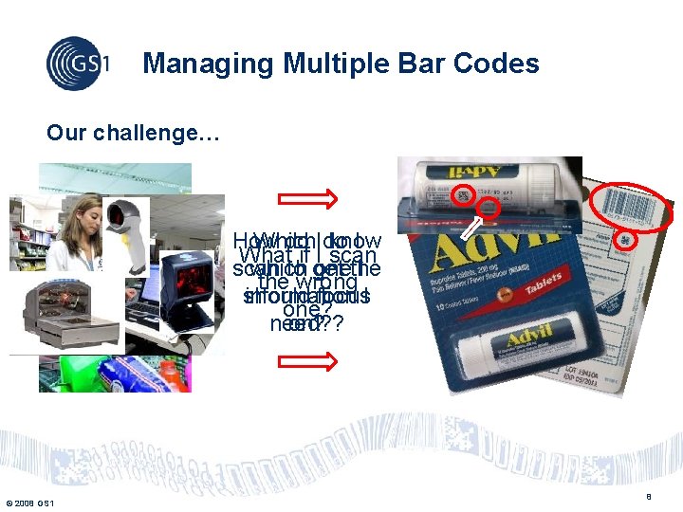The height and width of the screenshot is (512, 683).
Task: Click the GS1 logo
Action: [x=78, y=63]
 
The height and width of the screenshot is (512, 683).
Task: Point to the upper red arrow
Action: [x=307, y=197]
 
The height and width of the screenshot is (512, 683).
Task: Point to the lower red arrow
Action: [x=307, y=361]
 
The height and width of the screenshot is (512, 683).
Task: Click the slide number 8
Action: [x=649, y=496]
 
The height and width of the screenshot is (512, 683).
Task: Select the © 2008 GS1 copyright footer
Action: [x=28, y=503]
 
